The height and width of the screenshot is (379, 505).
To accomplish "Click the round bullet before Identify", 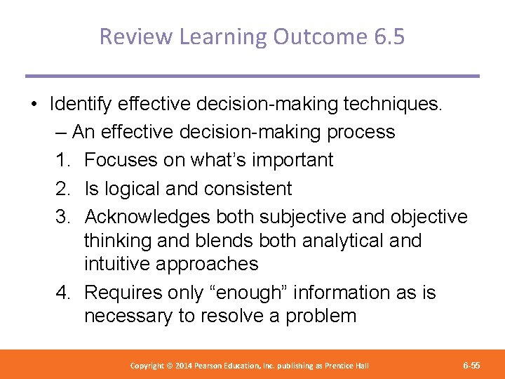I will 34,105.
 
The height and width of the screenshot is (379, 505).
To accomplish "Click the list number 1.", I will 63,160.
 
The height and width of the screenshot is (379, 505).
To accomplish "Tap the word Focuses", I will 121,160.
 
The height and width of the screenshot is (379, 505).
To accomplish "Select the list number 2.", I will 63,188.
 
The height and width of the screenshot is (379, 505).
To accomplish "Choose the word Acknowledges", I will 147,217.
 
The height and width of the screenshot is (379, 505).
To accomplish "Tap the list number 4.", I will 63,292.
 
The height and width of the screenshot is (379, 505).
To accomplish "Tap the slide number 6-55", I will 471,366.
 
